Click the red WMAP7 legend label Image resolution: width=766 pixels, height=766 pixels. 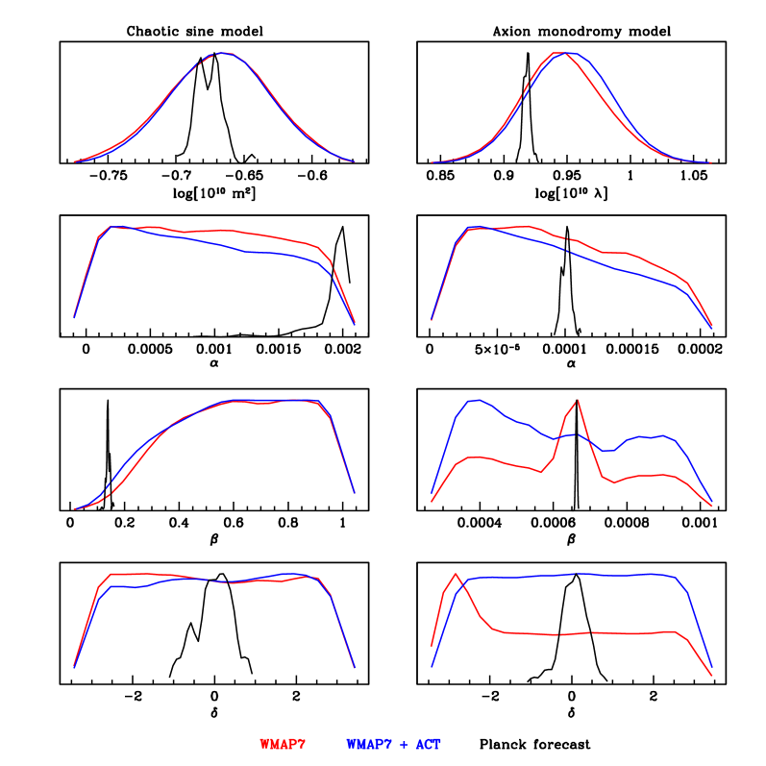coord(282,745)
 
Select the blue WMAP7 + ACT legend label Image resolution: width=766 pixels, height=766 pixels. coord(393,745)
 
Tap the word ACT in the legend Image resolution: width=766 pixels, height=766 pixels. coord(429,745)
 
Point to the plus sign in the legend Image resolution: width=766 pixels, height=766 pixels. coord(404,745)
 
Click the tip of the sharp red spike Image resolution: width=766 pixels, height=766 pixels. coord(577,401)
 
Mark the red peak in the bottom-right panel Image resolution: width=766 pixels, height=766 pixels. coord(456,574)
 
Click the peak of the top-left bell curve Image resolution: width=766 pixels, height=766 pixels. coord(223,53)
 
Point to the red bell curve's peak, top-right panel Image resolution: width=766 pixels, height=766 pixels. coord(557,53)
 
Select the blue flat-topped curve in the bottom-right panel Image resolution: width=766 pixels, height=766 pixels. coord(577,575)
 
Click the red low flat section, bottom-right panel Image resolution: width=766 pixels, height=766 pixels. coord(577,633)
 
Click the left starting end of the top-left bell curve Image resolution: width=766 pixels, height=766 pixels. coord(74,161)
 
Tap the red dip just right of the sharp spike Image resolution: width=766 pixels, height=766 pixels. coord(613,482)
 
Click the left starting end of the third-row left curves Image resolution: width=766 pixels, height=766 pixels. coord(74,508)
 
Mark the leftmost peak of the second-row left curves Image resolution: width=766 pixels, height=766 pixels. coord(112,227)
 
